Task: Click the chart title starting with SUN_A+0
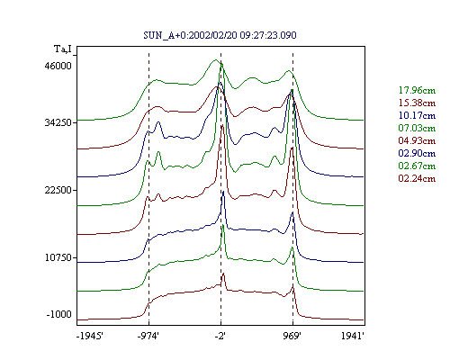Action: (220, 35)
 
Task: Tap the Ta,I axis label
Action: (63, 49)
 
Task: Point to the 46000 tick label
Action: (58, 66)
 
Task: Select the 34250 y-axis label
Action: (58, 122)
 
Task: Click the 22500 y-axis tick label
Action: (58, 190)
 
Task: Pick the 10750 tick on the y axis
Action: (58, 257)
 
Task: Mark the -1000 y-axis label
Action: (59, 314)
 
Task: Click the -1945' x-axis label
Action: (90, 336)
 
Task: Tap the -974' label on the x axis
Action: (148, 336)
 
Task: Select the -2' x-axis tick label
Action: (220, 336)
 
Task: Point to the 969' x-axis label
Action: (292, 336)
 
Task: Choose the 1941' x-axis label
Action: (353, 336)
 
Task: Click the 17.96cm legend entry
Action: (417, 90)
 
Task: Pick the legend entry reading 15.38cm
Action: (417, 103)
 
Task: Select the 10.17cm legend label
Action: (417, 115)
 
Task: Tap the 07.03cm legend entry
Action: (417, 128)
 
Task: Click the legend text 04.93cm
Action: (417, 140)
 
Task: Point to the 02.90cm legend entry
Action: (417, 153)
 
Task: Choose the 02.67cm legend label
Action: (417, 166)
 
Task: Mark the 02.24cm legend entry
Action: (417, 178)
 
